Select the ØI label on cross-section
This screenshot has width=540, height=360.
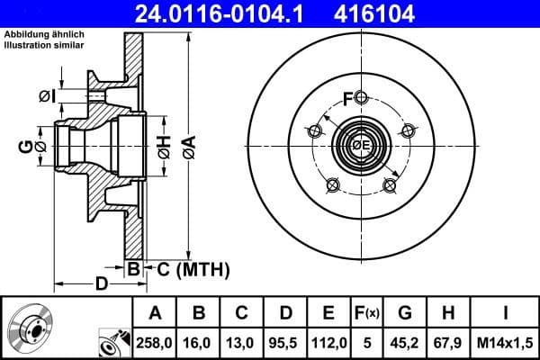48,95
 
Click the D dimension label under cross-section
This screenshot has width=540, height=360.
101,285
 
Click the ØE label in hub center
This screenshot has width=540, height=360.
360,147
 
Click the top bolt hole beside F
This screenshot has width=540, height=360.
361,98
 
